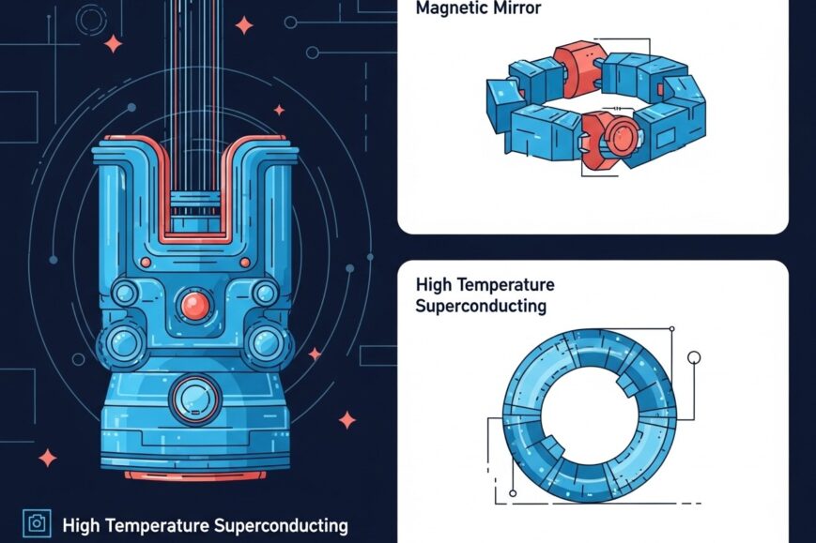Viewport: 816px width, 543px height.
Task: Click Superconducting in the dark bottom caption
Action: (281, 525)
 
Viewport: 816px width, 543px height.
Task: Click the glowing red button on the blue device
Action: (194, 303)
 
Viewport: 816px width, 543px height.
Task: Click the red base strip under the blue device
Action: (195, 475)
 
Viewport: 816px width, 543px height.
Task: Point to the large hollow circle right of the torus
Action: (695, 357)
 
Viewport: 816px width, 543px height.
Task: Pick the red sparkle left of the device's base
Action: (47, 457)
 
